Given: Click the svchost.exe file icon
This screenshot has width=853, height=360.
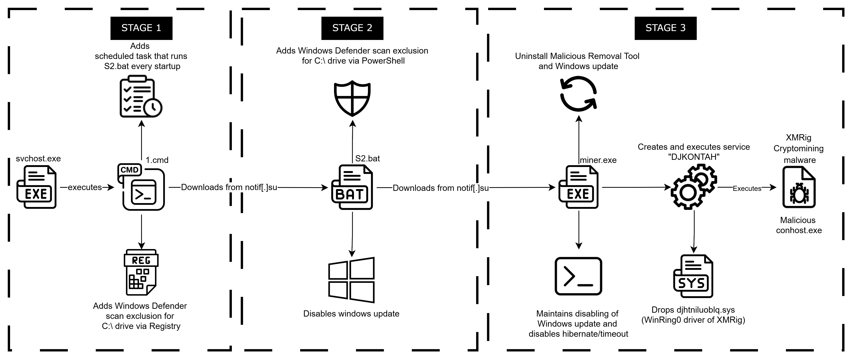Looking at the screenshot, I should [36, 187].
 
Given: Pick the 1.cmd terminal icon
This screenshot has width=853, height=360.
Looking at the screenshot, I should [141, 187].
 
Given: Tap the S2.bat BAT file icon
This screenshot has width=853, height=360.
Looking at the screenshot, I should [352, 187].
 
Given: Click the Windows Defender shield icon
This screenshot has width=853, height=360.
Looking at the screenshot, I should [352, 98].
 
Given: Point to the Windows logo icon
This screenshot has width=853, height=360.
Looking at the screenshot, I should [351, 280].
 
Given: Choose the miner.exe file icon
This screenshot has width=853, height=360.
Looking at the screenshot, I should [578, 187].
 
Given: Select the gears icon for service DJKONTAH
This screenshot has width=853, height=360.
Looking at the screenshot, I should [694, 187].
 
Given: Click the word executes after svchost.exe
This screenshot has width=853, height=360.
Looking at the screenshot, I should [85, 187].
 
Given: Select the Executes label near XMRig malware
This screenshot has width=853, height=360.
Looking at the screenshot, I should [747, 189].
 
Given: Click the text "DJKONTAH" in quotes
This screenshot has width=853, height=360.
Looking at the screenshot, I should [694, 157].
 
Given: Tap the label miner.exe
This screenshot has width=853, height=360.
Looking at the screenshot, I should [598, 160].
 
